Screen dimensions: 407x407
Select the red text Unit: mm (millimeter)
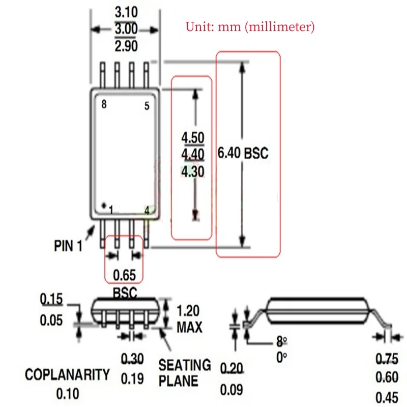coord(250,26)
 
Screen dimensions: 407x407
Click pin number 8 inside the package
coord(104,105)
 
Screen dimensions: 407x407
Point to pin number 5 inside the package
coord(147,106)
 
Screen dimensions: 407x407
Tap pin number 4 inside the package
coord(147,210)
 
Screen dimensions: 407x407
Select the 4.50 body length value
coord(193,138)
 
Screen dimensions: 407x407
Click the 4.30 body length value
coord(193,172)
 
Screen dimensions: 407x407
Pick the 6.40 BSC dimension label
coord(243,153)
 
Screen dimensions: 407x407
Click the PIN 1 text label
coord(68,246)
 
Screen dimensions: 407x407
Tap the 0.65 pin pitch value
coord(124,275)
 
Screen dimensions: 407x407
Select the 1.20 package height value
coord(188,311)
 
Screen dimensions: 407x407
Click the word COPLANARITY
coord(68,375)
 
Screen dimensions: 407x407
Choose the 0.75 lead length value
coord(387,359)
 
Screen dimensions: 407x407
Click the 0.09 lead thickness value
coord(231,390)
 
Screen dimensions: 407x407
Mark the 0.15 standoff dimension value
coord(51,300)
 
